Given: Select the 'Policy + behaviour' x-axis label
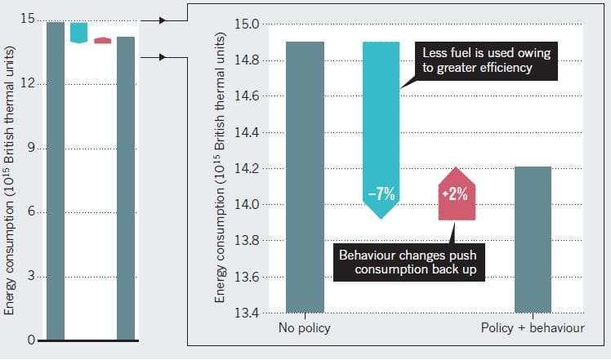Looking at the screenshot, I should pos(533,329).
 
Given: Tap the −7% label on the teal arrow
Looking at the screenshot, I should pos(381,194).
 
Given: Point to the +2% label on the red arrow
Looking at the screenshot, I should pos(456,195).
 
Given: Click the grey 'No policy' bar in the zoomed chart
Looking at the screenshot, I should pos(305,176).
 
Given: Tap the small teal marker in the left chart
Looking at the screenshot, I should pos(78,32).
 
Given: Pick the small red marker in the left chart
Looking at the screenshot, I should pos(102,40).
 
